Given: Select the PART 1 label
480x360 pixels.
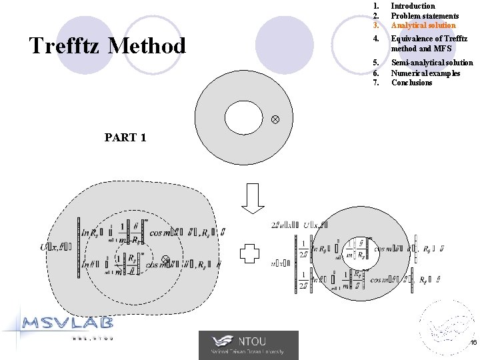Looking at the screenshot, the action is point(125,138).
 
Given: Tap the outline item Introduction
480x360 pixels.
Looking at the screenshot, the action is point(413,6).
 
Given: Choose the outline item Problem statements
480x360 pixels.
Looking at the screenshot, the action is point(425,16).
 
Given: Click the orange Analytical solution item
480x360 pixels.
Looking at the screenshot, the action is point(423,25).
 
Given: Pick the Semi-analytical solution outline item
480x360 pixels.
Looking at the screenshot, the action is point(432,63).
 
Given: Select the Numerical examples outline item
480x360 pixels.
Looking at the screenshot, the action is point(425,73).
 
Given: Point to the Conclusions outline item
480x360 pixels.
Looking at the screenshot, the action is point(411,83).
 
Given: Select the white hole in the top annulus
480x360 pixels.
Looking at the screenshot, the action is point(244,117).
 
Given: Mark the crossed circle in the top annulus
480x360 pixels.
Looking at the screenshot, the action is point(274,119).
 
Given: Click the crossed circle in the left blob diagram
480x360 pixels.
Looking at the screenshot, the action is point(166,259).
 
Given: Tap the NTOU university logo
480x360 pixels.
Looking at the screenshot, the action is point(249,345).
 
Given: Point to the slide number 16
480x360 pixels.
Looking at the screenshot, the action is point(472,343).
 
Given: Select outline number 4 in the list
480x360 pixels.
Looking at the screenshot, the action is point(376,39).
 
